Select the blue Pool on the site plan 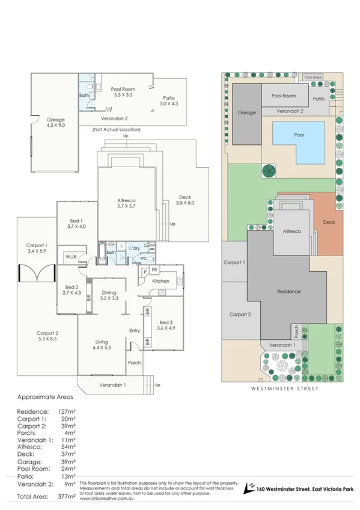tap(299, 136)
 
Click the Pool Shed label tap(313, 78)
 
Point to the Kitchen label tap(160, 281)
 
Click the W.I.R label tap(70, 257)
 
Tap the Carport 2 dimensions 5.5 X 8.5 tap(47, 340)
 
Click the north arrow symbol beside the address tap(247, 490)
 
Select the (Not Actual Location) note tap(116, 130)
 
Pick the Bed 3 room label tap(164, 322)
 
